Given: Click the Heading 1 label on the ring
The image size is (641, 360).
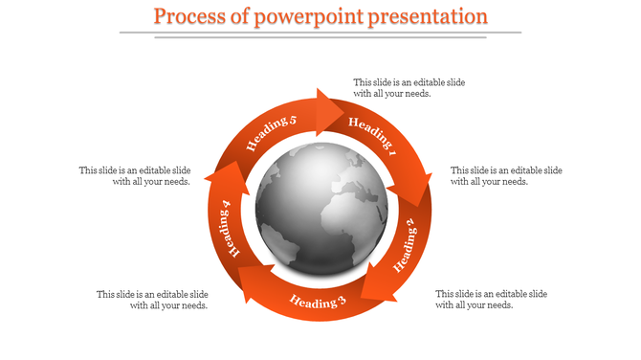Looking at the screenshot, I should [x=372, y=136].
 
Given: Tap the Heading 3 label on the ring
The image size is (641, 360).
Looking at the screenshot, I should [x=318, y=303].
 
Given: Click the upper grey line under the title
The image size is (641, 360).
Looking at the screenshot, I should [x=320, y=32].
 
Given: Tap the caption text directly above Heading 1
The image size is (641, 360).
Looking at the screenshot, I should [x=409, y=88].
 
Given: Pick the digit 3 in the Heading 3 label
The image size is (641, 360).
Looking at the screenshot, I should [x=341, y=304].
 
